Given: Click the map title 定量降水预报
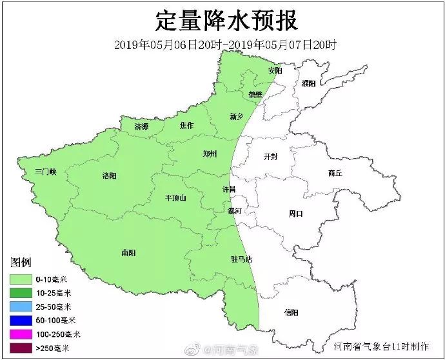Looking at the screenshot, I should pyautogui.click(x=226, y=21).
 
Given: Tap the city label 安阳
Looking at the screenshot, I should pyautogui.click(x=275, y=70).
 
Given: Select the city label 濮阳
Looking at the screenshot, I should pyautogui.click(x=309, y=83).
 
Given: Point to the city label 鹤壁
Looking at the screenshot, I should pyautogui.click(x=256, y=94).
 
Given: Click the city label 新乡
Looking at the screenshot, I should pyautogui.click(x=237, y=117).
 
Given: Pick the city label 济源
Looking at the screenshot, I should pyautogui.click(x=141, y=127).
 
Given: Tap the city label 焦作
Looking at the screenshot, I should pyautogui.click(x=186, y=125).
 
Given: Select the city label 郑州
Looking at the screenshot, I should pyautogui.click(x=210, y=154).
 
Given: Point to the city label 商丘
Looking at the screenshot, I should pyautogui.click(x=335, y=173).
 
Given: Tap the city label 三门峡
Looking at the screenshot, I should pyautogui.click(x=46, y=172).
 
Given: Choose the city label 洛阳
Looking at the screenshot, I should pyautogui.click(x=110, y=175).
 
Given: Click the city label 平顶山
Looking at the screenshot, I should pyautogui.click(x=175, y=198).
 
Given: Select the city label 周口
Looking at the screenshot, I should pyautogui.click(x=295, y=213).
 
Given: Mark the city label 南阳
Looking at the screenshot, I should pyautogui.click(x=128, y=252).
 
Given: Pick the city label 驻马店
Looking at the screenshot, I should pyautogui.click(x=241, y=259).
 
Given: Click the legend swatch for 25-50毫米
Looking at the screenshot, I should pyautogui.click(x=21, y=306).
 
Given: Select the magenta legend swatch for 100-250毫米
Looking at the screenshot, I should pyautogui.click(x=21, y=334).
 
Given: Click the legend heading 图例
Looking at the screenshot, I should pyautogui.click(x=21, y=263).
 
